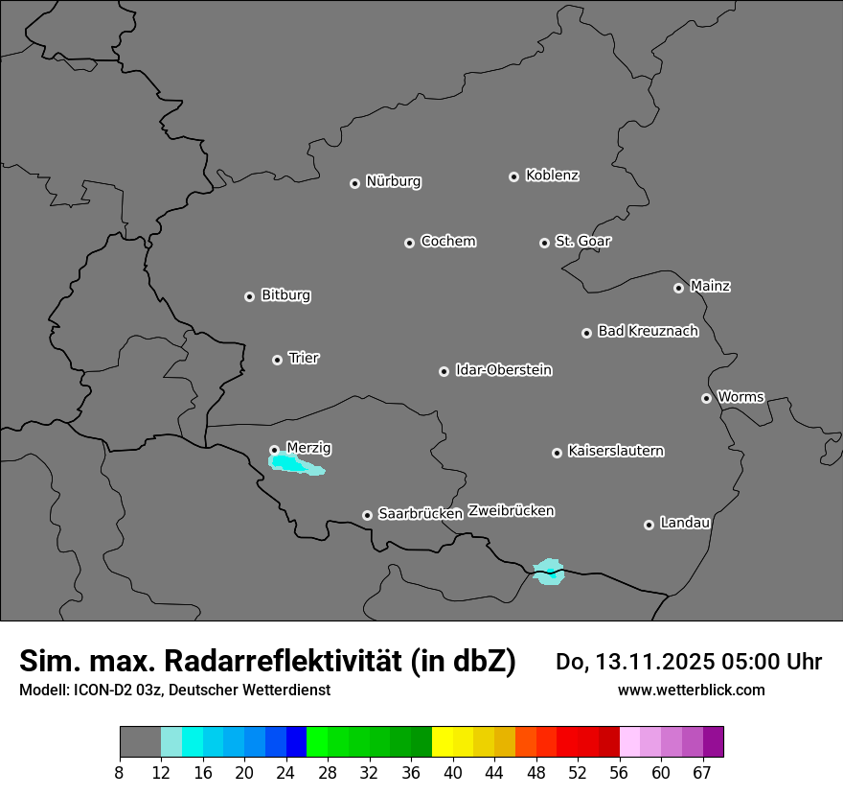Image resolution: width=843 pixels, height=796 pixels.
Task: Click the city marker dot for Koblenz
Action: pos(513,176)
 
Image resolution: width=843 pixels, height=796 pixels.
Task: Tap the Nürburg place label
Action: pos(393,181)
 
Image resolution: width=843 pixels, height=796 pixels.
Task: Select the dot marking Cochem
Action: pos(409,243)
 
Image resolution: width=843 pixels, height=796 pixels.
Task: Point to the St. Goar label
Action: pos(582,241)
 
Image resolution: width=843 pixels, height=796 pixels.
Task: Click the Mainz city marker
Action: pos(678,288)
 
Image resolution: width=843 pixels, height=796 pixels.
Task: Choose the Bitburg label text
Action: pos(285,295)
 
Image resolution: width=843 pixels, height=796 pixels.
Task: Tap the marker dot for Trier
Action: pos(277,360)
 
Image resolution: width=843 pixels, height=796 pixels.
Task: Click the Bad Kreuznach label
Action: pos(648,331)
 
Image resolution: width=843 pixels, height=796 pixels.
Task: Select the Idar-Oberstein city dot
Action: pos(444,371)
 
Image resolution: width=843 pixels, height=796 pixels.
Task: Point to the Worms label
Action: pos(740,396)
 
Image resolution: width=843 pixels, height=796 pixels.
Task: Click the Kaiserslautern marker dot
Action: pos(557,453)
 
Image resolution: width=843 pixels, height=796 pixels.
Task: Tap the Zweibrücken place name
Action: pos(511,511)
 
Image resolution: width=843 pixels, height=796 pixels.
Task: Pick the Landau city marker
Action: pos(649,525)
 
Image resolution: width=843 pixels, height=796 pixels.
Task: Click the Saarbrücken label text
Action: pos(420,514)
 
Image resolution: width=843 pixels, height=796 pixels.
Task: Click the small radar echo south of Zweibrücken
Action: pos(549,571)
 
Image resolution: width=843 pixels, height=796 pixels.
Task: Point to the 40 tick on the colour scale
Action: pos(453,772)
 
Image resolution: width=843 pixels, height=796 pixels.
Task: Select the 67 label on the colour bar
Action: pos(702,772)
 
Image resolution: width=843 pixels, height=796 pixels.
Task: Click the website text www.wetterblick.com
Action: pos(691,690)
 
